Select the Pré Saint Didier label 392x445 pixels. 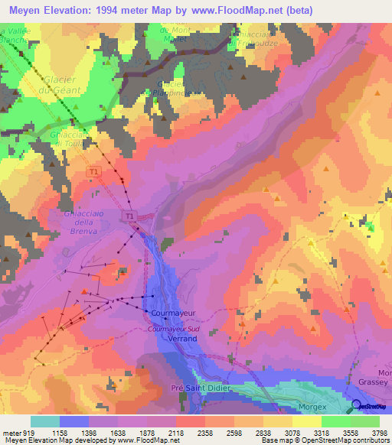click(x=198, y=388)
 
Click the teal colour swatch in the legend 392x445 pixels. click(x=45, y=421)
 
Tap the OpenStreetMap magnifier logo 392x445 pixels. click(x=357, y=405)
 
